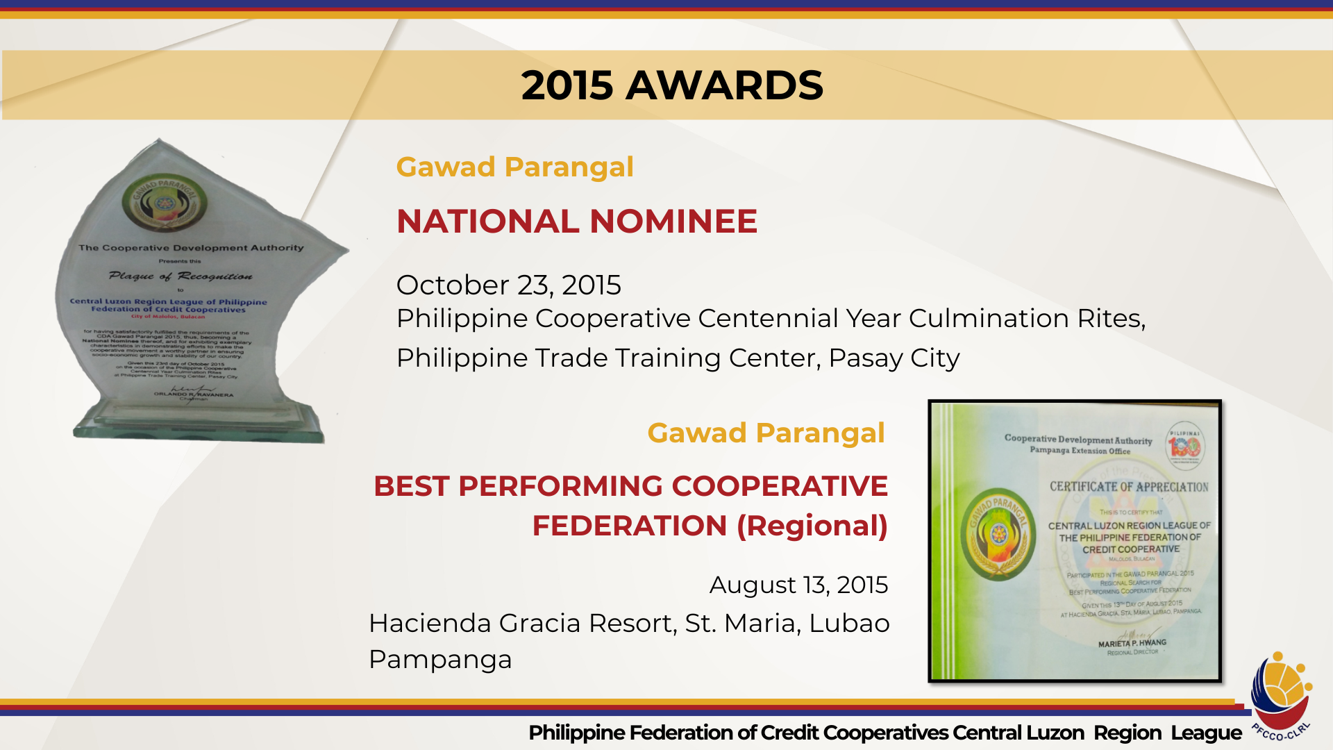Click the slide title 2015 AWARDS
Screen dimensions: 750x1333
671,85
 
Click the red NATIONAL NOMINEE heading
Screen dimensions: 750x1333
576,222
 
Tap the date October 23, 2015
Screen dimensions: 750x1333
508,285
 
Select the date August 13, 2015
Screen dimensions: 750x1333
798,585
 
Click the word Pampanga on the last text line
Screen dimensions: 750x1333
440,659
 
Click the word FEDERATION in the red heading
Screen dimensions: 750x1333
629,526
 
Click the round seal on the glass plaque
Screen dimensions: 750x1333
165,202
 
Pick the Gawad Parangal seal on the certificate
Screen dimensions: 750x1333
998,534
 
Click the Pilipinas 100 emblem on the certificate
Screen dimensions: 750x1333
1184,446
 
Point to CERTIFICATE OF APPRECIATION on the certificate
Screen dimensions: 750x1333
1129,487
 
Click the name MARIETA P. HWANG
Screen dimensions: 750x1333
1132,643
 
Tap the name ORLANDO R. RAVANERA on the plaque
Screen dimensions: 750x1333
194,394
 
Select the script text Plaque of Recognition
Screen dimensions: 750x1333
181,276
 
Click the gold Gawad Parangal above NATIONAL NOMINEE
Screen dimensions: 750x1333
514,167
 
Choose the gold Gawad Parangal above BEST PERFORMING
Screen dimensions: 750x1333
766,433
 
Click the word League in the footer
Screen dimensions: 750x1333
1206,733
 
